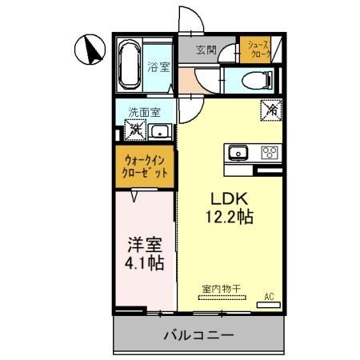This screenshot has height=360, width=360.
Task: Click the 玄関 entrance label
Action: (x=206, y=50)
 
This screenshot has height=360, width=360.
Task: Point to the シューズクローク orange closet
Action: (x=258, y=49)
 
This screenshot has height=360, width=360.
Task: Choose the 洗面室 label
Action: (x=145, y=111)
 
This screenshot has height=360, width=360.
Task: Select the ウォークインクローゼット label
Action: (x=145, y=166)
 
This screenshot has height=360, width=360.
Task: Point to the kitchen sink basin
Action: (x=238, y=153)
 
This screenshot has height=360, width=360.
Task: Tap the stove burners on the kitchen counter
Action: (x=269, y=153)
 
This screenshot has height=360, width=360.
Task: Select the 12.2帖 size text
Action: (x=228, y=218)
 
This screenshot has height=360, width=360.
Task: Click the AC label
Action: (x=270, y=297)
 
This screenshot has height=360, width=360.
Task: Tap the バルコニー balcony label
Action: (x=200, y=334)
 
